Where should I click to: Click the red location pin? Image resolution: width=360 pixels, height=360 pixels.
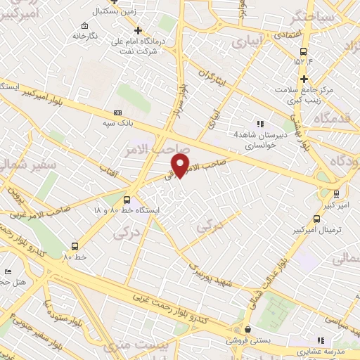pos(181,166)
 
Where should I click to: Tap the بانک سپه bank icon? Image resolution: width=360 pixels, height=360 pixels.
pos(117,112)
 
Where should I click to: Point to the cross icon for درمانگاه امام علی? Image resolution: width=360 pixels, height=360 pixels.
pos(139,30)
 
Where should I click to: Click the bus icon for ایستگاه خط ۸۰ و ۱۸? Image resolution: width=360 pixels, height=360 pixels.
pos(127,199)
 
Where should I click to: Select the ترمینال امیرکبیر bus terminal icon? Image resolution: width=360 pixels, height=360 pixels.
pos(316,230)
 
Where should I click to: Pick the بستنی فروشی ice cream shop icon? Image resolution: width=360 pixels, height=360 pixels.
pos(246,329)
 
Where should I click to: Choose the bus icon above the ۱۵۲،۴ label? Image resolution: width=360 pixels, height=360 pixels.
pos(304,52)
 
